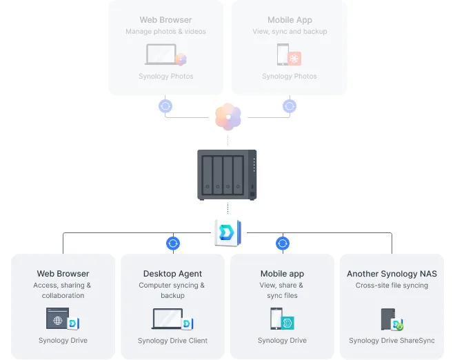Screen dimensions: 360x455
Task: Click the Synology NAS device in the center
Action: [227, 174]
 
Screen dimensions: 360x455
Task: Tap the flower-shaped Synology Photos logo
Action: [228, 117]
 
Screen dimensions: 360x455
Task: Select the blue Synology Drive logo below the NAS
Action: [227, 232]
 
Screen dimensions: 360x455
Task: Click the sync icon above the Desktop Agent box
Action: [173, 243]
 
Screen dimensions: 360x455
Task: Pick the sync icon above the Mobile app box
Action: [283, 243]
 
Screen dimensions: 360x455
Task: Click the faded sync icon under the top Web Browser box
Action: [165, 106]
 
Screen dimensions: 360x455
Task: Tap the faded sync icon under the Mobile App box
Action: [290, 106]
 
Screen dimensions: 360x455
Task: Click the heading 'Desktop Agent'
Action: [172, 274]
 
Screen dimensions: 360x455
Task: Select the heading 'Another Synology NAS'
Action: [392, 274]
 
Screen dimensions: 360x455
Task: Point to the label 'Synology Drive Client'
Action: [172, 341]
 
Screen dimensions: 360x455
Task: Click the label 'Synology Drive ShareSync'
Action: [392, 341]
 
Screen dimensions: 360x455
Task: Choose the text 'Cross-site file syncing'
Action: [392, 286]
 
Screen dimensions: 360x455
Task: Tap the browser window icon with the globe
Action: [58, 319]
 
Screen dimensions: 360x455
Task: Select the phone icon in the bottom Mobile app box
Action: [276, 319]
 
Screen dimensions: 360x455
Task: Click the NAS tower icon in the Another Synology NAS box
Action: [387, 319]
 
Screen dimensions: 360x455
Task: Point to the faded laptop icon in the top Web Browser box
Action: [160, 54]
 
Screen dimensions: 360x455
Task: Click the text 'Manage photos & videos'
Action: [165, 32]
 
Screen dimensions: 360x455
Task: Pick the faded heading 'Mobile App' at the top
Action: [290, 21]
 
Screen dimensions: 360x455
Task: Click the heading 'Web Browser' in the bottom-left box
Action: [63, 274]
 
